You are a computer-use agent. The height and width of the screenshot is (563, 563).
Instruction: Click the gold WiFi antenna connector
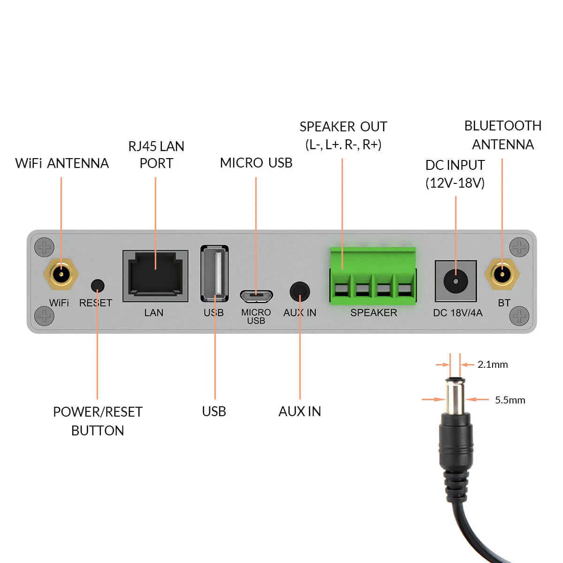coord(61,274)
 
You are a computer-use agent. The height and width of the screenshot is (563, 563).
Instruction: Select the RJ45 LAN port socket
coord(155,275)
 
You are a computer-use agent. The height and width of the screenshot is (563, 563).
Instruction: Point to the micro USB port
coord(256,296)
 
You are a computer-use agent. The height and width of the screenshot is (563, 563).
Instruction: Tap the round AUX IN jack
coord(300,292)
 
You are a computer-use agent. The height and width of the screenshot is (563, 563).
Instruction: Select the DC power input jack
coord(456,281)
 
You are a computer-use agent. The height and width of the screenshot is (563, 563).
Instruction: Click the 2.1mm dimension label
coord(493,365)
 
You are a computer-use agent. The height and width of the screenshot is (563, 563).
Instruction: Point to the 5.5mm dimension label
coord(510,400)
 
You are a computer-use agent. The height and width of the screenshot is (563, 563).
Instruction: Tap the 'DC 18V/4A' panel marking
coord(457,313)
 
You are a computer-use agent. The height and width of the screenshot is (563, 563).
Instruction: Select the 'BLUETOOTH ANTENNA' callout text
coord(502,135)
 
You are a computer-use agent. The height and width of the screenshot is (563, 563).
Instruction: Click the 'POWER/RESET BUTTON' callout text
coord(98,421)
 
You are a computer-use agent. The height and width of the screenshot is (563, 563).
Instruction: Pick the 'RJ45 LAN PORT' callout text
coord(156,155)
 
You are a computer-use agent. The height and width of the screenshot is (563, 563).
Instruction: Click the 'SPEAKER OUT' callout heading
coord(343,127)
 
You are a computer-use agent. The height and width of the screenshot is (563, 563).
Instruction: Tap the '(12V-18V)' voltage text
coord(455,183)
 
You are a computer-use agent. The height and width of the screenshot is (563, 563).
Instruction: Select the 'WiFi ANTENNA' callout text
coord(62,163)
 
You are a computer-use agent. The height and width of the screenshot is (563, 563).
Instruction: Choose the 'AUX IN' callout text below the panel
coord(300,411)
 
